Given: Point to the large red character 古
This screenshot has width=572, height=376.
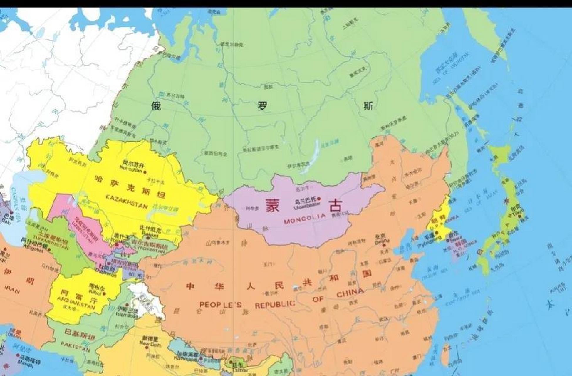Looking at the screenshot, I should pyautogui.click(x=335, y=205).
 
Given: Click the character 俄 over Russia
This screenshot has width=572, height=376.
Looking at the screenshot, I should pyautogui.click(x=156, y=106).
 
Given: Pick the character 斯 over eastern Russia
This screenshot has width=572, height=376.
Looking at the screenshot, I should pyautogui.click(x=368, y=106).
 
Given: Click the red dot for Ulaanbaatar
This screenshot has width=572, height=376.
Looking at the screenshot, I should pyautogui.click(x=319, y=199).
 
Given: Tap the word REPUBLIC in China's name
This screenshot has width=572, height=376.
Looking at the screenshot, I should pyautogui.click(x=275, y=304).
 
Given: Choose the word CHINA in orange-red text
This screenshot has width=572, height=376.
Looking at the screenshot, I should pyautogui.click(x=350, y=293).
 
